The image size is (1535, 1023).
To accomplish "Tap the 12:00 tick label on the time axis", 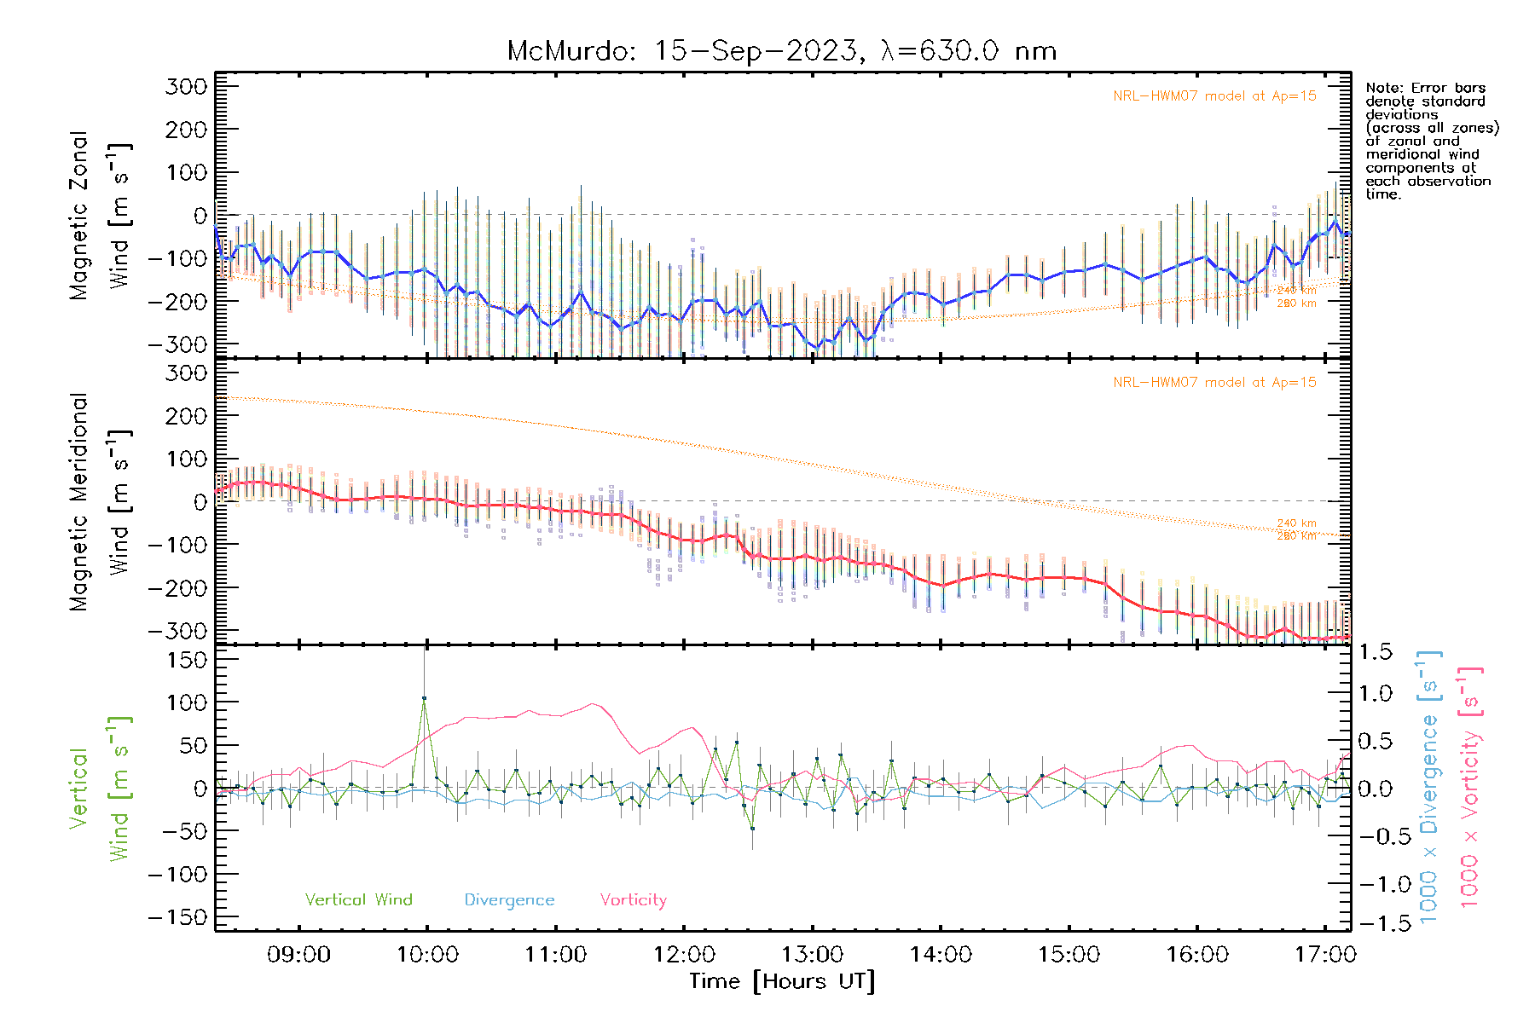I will point(684,955).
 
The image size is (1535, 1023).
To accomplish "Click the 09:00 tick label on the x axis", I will point(298,955).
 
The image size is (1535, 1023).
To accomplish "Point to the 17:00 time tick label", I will point(1325,955).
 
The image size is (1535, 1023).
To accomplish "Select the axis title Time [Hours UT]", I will point(781,981).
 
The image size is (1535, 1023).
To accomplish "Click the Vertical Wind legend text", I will point(358,900).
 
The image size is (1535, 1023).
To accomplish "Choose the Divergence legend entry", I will point(509,900).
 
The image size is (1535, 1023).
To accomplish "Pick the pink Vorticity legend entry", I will point(633,900).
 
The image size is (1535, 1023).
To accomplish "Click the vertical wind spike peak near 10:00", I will point(425,698).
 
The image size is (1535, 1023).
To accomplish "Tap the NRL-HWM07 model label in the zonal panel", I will point(1214,96).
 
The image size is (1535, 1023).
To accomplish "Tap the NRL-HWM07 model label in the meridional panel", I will point(1214,383).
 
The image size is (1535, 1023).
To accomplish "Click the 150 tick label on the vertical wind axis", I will point(187,660).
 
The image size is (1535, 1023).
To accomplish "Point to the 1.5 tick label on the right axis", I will point(1376,652).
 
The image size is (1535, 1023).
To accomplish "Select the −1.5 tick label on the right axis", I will point(1376,924).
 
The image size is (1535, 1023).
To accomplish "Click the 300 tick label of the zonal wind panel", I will point(187,86).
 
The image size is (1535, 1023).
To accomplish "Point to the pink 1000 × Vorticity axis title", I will point(1470,786).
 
